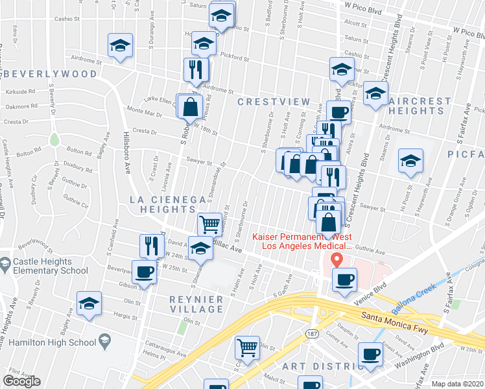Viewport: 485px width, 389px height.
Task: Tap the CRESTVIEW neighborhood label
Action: (270, 102)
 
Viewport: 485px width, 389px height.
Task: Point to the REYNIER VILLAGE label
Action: (196, 304)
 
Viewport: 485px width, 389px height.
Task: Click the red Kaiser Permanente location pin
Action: (337, 260)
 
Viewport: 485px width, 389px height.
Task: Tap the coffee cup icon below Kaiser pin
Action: (344, 279)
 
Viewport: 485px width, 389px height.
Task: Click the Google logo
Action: (22, 381)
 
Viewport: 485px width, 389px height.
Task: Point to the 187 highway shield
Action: (312, 333)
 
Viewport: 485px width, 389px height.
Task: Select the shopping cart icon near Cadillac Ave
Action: (209, 224)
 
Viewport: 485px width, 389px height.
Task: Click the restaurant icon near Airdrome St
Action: (196, 68)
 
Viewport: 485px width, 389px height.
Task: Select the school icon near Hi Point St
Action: (410, 159)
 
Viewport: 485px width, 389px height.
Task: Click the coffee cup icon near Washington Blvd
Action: (370, 355)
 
